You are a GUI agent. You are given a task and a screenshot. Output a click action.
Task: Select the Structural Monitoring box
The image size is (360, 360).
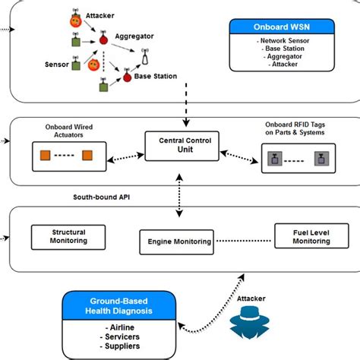pos(68,236)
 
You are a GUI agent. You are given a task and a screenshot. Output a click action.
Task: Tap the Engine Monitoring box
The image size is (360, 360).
pos(174,242)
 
